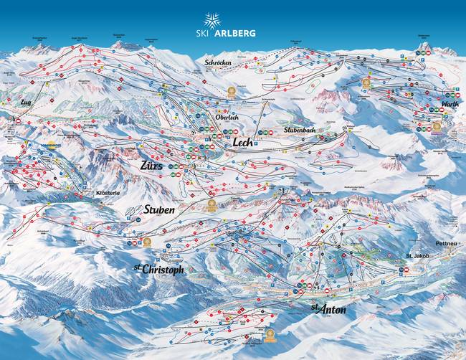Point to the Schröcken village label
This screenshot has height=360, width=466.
point(218,63)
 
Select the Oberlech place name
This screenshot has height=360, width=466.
point(227,118)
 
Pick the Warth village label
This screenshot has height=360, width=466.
point(450,104)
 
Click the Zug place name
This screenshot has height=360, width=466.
point(26,103)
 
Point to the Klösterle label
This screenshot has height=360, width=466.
point(105,193)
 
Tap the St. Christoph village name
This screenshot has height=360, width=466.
point(159,269)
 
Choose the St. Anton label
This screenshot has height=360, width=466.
point(328,309)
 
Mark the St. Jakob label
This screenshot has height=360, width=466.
point(418,255)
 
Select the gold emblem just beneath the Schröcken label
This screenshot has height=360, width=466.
point(232,92)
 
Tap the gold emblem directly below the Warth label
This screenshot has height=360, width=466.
point(437,127)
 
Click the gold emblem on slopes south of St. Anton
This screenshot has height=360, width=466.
point(270,336)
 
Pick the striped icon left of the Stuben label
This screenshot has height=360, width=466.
point(132,211)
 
